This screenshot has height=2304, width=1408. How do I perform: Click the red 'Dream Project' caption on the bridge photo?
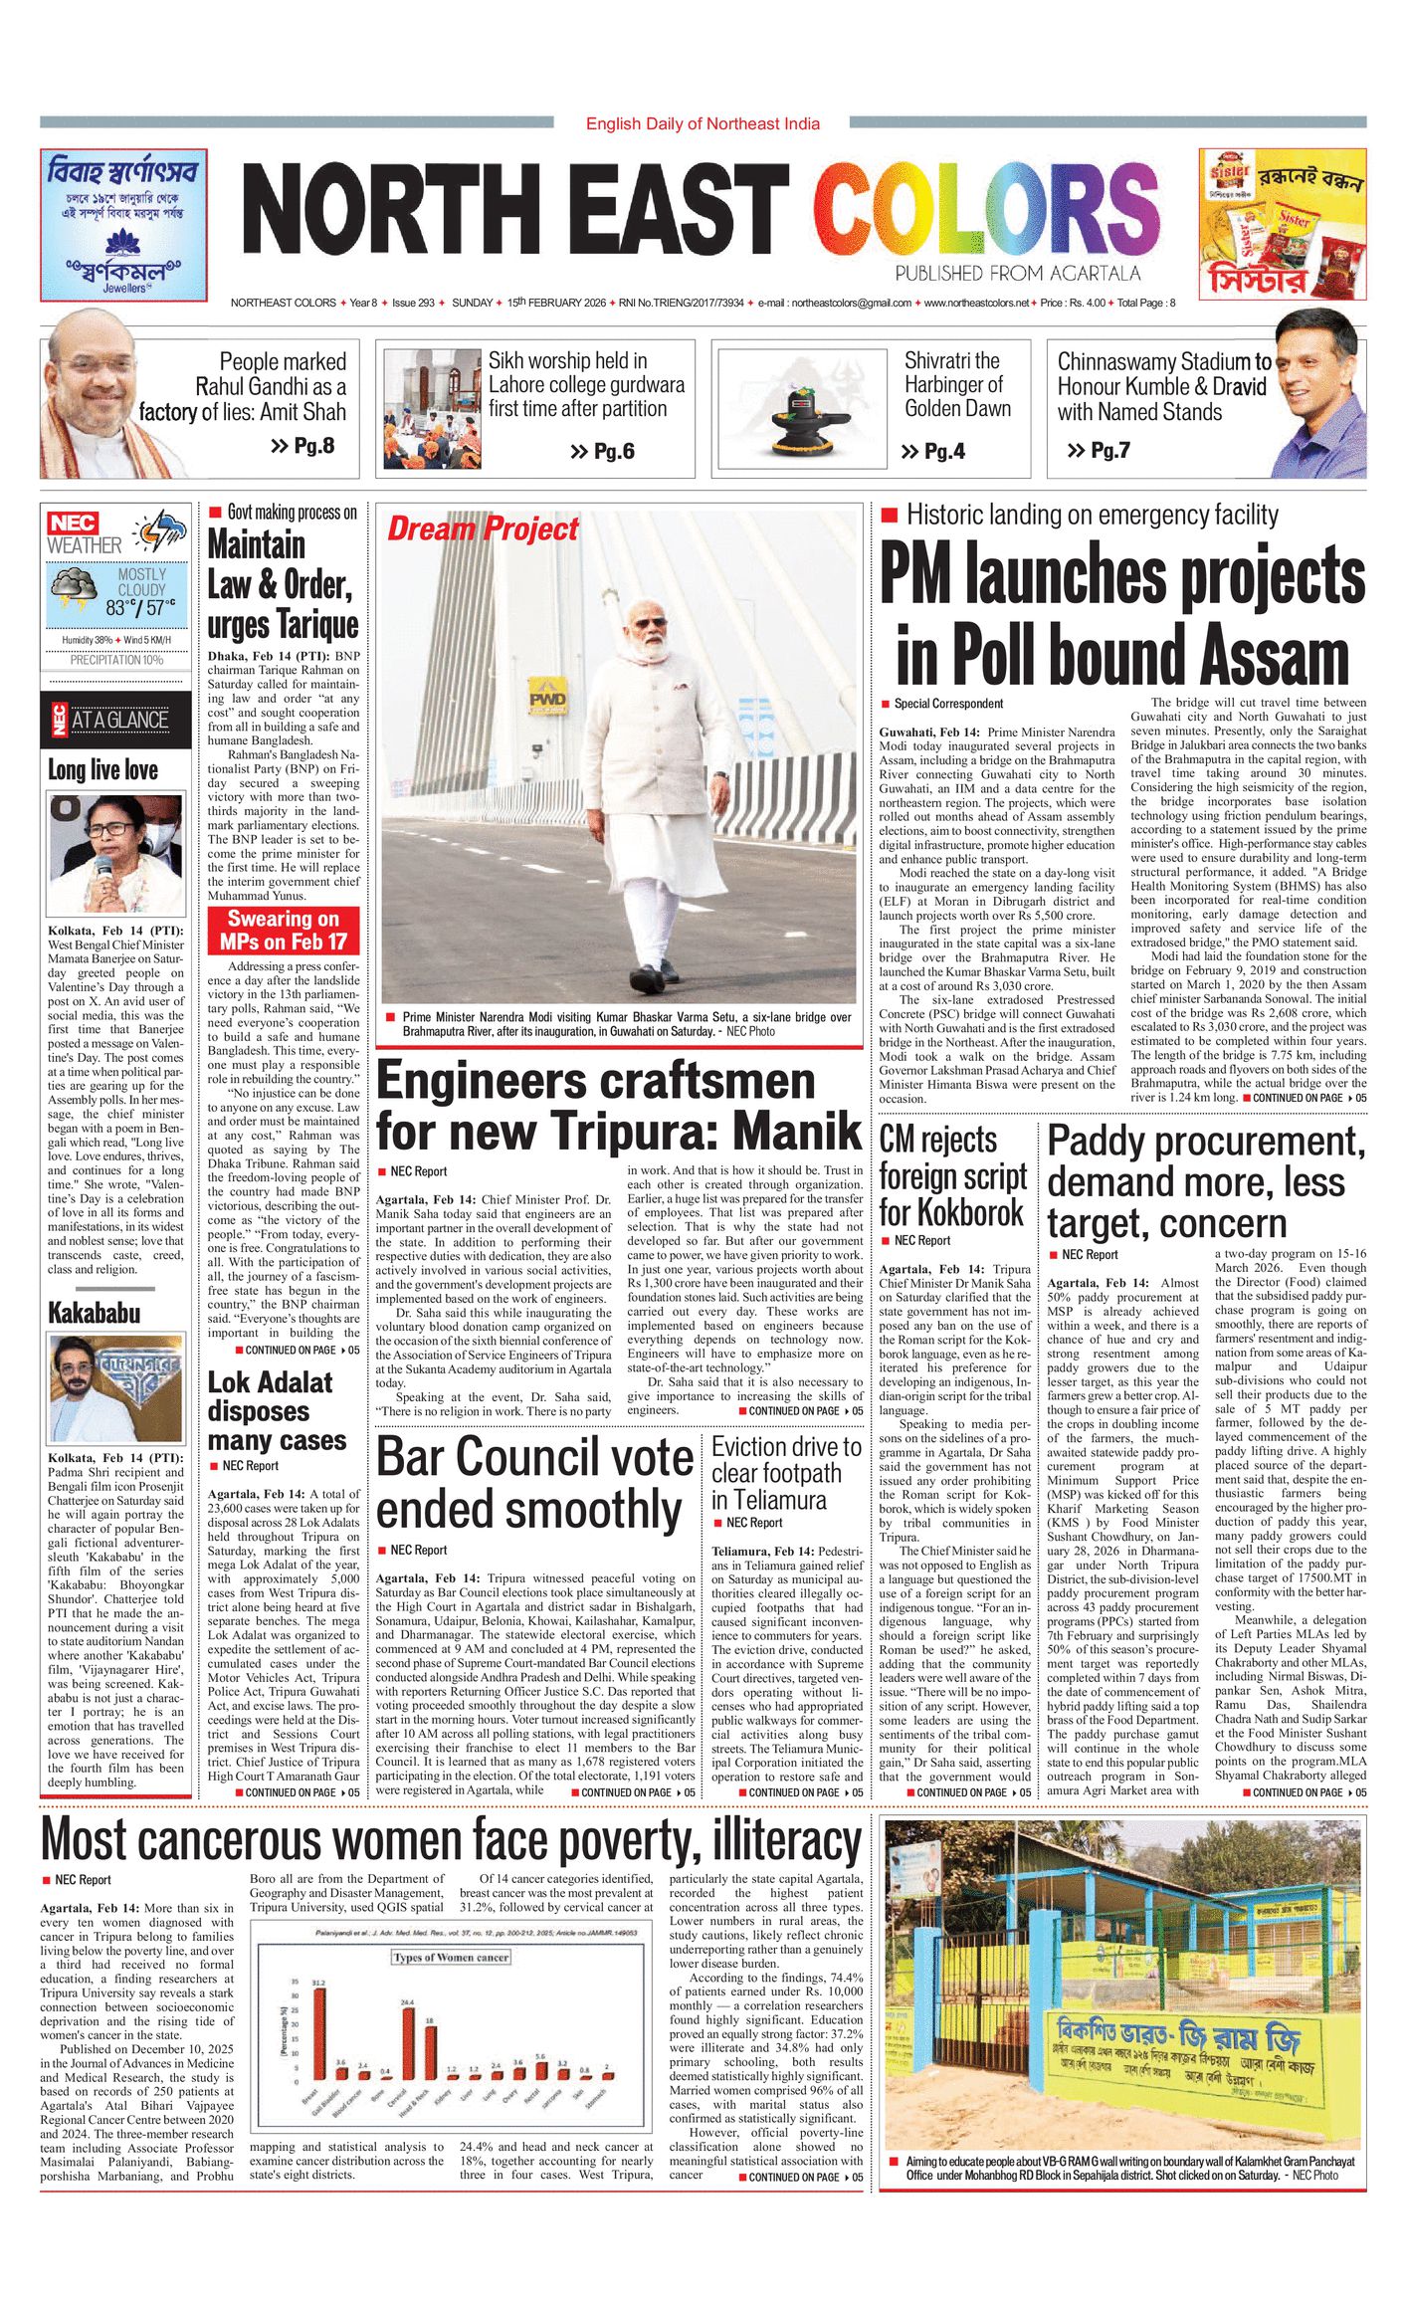point(483,529)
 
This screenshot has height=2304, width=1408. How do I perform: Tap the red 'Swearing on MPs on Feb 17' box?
point(284,931)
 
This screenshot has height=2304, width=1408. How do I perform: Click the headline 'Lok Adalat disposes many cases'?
point(277,1411)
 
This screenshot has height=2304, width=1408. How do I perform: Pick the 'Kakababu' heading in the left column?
point(95,1313)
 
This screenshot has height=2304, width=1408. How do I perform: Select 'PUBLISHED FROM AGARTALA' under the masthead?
point(1017,274)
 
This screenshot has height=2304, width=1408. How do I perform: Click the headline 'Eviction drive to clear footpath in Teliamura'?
point(786,1473)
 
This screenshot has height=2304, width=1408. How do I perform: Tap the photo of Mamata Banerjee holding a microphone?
point(116,854)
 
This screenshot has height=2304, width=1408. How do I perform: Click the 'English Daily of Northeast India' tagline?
point(703,123)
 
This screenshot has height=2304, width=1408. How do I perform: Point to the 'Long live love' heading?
point(102,769)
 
